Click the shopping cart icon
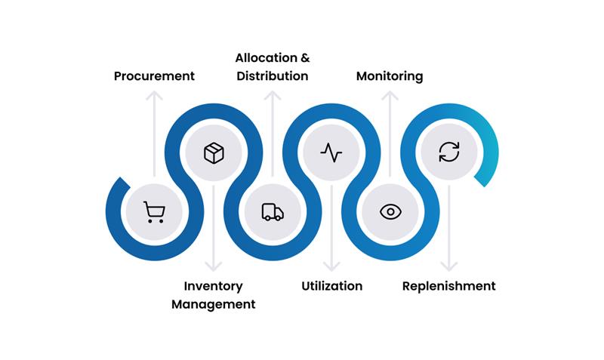pos(154,212)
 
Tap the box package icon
pos(214,153)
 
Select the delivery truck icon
pos(273,212)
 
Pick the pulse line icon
pos(331,153)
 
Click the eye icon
pos(390,212)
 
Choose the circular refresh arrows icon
pos(449,153)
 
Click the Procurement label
pos(154,76)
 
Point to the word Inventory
pos(214,286)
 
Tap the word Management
pos(214,304)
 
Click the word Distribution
pos(273,76)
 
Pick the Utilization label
pos(331,286)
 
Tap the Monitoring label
pos(390,76)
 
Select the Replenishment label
pos(449,286)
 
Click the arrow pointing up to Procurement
pos(154,132)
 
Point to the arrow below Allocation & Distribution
pos(273,132)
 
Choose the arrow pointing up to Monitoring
pos(390,132)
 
